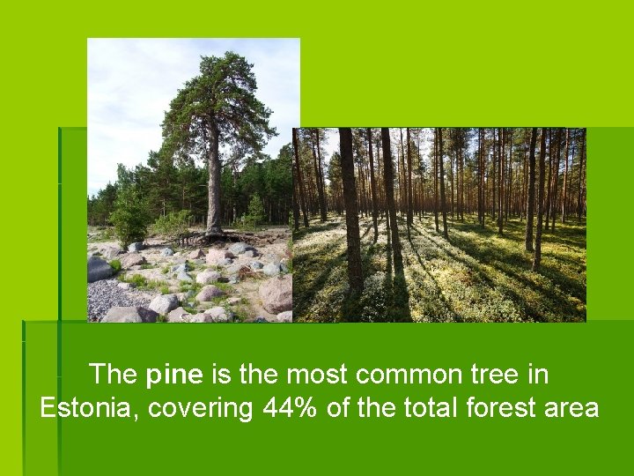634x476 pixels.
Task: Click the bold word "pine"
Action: [x=175, y=375]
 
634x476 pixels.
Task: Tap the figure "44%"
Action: [x=291, y=409]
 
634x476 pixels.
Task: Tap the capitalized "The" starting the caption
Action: [x=114, y=375]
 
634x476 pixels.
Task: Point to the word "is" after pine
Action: [x=221, y=375]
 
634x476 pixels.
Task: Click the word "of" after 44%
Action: [x=339, y=409]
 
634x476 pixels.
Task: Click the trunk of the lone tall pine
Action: [x=214, y=185]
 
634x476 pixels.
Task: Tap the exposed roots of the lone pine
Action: [x=211, y=236]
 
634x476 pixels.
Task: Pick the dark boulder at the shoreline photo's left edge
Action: [x=99, y=268]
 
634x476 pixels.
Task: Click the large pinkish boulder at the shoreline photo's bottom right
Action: [x=276, y=294]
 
